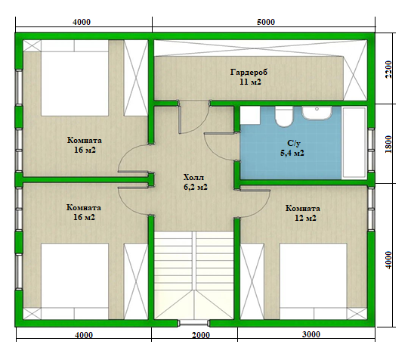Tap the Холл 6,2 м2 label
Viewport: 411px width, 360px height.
click(x=196, y=182)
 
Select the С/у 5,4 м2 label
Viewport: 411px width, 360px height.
click(x=292, y=147)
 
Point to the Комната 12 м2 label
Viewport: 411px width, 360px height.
click(x=303, y=213)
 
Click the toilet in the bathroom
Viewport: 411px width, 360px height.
click(x=283, y=116)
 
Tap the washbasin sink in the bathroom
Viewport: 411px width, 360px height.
click(x=317, y=113)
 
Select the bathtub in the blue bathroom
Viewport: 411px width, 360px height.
click(x=354, y=143)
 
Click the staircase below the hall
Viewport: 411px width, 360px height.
click(x=193, y=275)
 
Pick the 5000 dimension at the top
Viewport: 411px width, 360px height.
click(x=266, y=22)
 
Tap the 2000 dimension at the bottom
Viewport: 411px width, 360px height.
click(x=201, y=335)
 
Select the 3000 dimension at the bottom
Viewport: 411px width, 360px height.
click(x=311, y=334)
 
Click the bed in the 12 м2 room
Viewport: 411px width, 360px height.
click(x=314, y=281)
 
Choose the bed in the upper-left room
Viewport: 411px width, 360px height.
click(x=75, y=78)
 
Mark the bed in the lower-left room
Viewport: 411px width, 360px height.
click(x=75, y=281)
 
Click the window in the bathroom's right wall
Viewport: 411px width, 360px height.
click(x=371, y=150)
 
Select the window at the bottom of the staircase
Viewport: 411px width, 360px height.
click(x=194, y=323)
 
